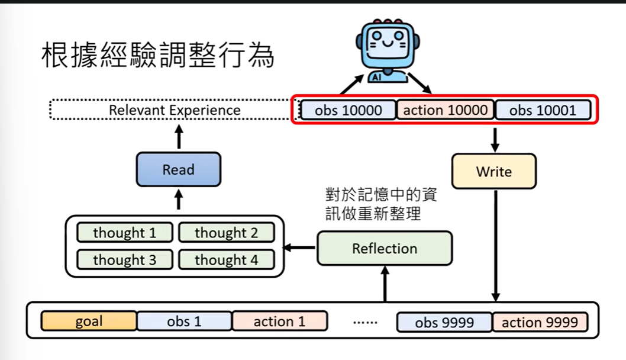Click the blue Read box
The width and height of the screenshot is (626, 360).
(178, 170)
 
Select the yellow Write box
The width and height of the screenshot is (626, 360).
(493, 172)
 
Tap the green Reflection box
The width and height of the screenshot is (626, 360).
(385, 248)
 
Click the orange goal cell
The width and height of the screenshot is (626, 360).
(89, 322)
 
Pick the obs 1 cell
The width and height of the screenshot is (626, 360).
(184, 322)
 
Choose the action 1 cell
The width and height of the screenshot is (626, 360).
(279, 322)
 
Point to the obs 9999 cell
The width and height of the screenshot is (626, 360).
(444, 322)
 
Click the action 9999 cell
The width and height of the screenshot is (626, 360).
(540, 322)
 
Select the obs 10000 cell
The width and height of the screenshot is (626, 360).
(348, 110)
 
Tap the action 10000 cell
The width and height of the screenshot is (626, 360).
(445, 110)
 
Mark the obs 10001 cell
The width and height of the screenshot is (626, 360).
(543, 110)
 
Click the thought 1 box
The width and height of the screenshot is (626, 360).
(125, 233)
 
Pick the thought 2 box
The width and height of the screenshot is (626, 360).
(227, 233)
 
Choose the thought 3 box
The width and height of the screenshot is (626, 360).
(125, 259)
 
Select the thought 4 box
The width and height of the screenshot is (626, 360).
(227, 259)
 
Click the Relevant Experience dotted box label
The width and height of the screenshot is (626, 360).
(175, 110)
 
